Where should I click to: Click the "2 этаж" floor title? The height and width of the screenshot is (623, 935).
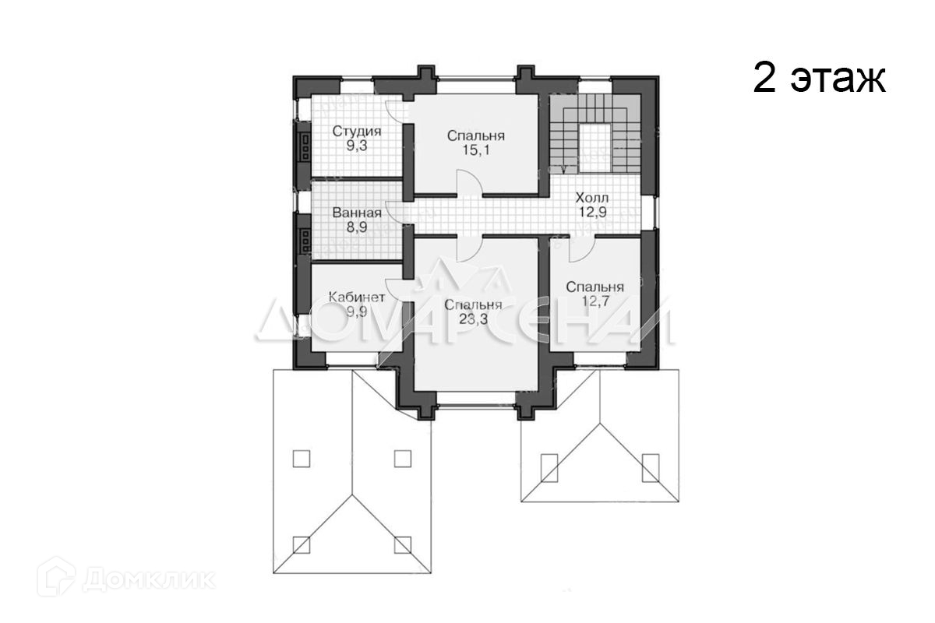(x=819, y=79)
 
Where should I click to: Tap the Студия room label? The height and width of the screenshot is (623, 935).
(x=356, y=131)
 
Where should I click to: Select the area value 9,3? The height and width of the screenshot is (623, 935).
(x=356, y=145)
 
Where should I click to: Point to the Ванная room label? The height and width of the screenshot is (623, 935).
(x=356, y=213)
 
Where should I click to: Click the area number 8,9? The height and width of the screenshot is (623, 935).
(x=356, y=227)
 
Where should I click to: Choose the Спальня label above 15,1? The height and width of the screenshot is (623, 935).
(x=476, y=136)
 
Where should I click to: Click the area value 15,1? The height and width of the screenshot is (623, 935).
(x=476, y=150)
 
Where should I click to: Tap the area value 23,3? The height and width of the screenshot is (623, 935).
(x=473, y=319)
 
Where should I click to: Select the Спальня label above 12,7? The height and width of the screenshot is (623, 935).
(x=595, y=286)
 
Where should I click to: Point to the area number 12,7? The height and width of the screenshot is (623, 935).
(x=595, y=300)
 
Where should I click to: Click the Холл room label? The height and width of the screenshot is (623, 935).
(x=592, y=197)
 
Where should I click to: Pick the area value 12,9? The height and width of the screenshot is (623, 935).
(x=592, y=211)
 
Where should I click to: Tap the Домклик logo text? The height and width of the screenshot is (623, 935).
(x=148, y=579)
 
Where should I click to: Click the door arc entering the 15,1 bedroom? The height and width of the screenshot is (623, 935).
(x=469, y=183)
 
